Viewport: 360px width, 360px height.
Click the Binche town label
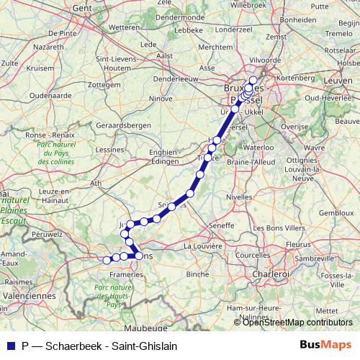[x=196, y=274]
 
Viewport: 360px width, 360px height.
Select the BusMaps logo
[x=330, y=346]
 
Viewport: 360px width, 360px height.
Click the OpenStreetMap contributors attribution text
[x=297, y=323]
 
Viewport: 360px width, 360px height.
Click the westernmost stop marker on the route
[x=107, y=260]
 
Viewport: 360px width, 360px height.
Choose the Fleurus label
[x=297, y=245]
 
